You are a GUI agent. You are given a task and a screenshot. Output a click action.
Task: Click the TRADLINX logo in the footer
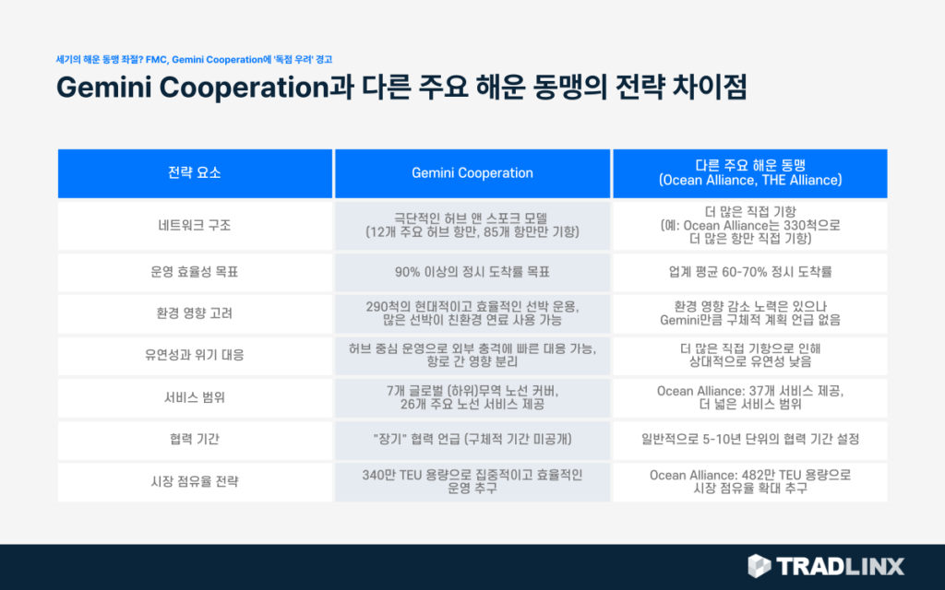pos(825,565)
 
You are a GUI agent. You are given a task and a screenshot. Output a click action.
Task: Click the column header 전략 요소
pos(195,172)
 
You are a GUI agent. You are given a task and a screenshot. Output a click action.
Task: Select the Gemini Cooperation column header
pos(472,172)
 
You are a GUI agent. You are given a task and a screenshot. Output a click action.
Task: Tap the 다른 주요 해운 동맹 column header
pos(749,172)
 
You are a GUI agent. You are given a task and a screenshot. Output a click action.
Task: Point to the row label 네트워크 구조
pos(195,224)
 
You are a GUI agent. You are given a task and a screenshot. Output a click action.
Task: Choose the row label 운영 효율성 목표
pos(195,273)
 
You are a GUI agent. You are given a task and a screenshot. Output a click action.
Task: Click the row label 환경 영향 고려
pos(195,313)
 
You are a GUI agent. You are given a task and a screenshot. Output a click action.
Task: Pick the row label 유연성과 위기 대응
pos(195,354)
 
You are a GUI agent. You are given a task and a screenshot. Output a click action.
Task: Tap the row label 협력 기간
pos(195,440)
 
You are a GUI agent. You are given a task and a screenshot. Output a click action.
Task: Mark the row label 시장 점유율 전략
pos(195,481)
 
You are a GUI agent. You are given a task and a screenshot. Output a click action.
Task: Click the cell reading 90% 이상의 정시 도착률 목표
pos(472,273)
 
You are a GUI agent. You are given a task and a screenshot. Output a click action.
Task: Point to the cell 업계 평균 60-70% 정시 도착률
pos(749,273)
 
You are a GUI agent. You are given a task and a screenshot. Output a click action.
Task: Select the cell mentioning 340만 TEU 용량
pos(472,481)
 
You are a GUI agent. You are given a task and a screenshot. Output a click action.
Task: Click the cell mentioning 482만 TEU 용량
pos(749,481)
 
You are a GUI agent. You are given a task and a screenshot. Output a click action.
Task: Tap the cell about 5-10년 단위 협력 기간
pos(749,440)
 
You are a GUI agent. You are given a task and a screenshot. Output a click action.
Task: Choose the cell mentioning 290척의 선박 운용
pos(472,313)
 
